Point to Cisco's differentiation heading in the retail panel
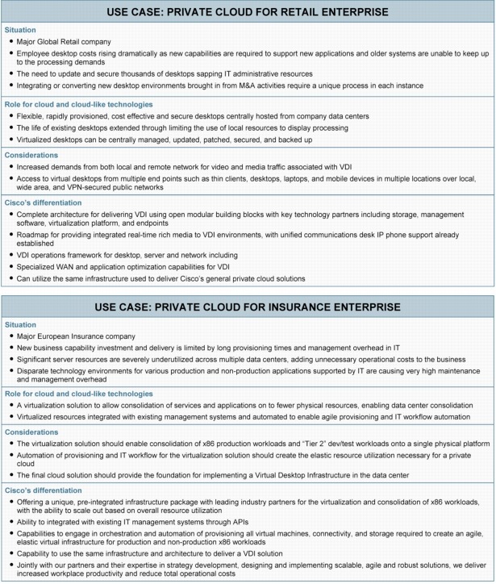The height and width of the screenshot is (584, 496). click(x=50, y=203)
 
